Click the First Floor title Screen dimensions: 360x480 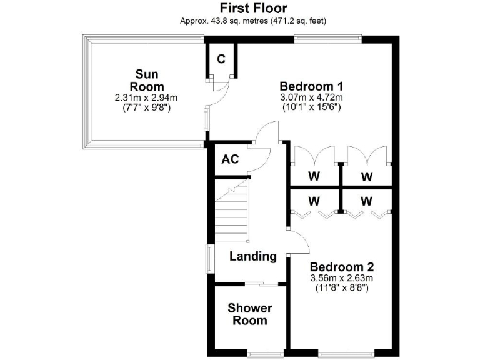click(x=253, y=8)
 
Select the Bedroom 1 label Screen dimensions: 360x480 click(x=312, y=86)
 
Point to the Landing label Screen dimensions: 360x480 click(x=252, y=256)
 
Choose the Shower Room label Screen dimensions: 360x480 click(x=250, y=314)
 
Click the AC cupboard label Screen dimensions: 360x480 click(x=230, y=159)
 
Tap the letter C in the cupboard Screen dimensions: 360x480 click(x=221, y=59)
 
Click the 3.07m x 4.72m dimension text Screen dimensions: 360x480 click(x=312, y=97)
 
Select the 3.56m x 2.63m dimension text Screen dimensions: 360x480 click(x=341, y=277)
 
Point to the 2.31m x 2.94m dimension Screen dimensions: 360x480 click(x=146, y=97)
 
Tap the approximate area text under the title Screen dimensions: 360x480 click(x=253, y=21)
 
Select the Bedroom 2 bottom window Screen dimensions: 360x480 click(x=347, y=351)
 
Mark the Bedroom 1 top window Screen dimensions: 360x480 click(x=327, y=39)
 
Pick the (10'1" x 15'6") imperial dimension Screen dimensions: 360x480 click(x=312, y=107)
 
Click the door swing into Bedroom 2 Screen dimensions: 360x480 click(x=296, y=241)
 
